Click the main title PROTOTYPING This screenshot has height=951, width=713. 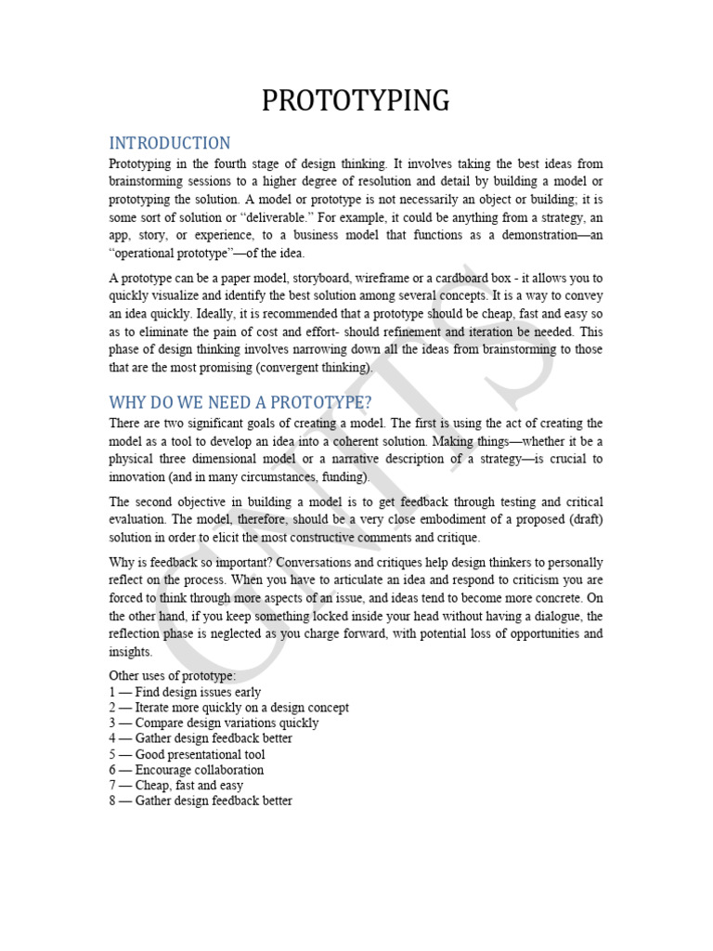click(x=356, y=99)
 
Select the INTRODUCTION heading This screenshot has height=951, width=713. click(x=169, y=143)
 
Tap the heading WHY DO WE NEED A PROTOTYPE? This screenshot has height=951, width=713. click(x=240, y=402)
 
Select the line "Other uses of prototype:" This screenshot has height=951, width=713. click(x=173, y=676)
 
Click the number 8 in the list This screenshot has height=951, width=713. click(x=112, y=801)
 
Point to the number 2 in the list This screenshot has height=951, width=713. click(x=112, y=708)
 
